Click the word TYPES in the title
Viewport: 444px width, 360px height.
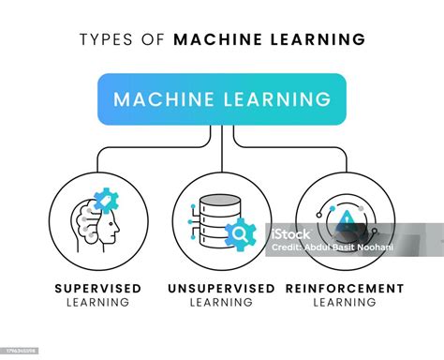pyautogui.click(x=104, y=39)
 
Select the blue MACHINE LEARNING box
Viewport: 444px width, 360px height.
pyautogui.click(x=222, y=98)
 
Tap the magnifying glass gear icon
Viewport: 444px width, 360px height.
pyautogui.click(x=241, y=232)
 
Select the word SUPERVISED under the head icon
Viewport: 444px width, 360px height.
pyautogui.click(x=97, y=288)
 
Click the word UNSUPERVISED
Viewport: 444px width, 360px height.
pyautogui.click(x=221, y=288)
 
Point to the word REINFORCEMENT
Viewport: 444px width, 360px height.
pyautogui.click(x=345, y=288)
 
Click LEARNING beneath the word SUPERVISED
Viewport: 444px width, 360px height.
pyautogui.click(x=97, y=303)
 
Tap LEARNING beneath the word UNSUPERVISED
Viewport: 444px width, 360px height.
pyautogui.click(x=221, y=303)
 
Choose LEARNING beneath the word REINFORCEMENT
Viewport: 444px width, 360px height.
pyautogui.click(x=345, y=303)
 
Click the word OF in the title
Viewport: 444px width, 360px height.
pyautogui.click(x=154, y=39)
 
